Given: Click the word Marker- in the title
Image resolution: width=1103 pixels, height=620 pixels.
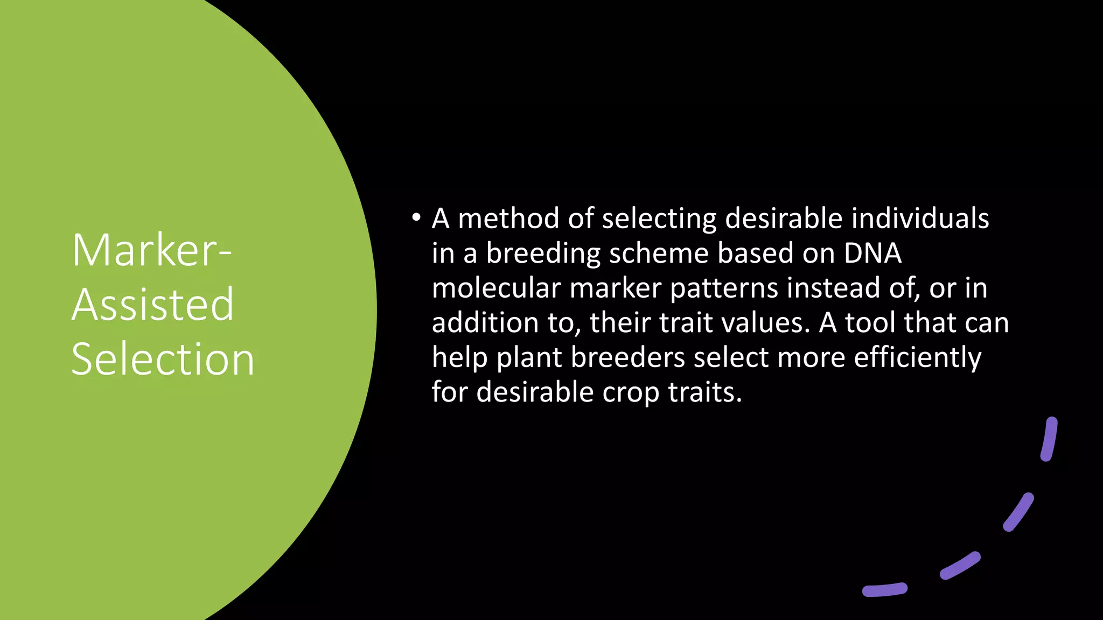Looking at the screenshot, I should (x=151, y=250).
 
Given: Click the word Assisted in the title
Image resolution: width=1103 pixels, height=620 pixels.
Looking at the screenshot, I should (x=153, y=305).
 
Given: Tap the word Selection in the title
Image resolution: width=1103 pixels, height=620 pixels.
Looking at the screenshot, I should (x=163, y=359).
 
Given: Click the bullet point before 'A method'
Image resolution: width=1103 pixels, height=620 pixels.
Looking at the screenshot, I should (x=415, y=218).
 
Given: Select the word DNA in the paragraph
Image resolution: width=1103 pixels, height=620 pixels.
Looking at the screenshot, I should (x=872, y=253).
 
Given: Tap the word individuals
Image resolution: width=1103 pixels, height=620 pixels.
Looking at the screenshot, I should (x=920, y=219).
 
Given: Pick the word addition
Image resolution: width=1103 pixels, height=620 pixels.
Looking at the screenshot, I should (x=485, y=322).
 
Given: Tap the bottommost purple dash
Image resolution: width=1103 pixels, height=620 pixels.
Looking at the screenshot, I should (x=885, y=590).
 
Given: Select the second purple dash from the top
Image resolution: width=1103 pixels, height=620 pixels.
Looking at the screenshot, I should (x=1018, y=512).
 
